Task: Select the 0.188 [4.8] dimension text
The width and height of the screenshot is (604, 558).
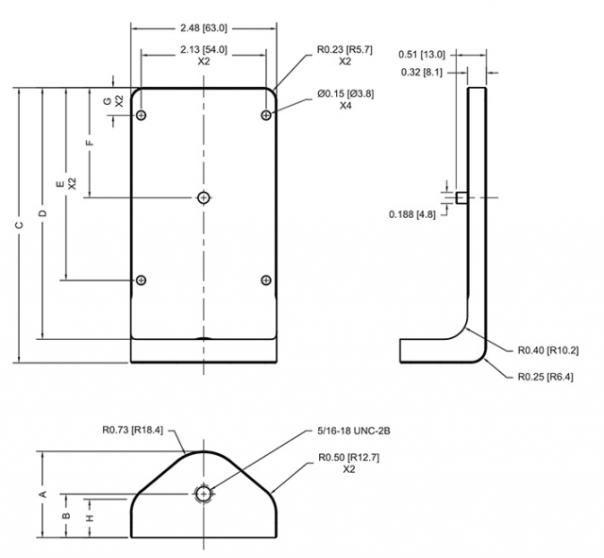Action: pos(411,214)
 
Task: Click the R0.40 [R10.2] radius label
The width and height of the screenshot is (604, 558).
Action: pos(548,350)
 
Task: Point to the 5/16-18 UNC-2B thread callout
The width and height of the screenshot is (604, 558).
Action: pos(355,431)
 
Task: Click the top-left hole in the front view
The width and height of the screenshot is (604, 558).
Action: pos(142,115)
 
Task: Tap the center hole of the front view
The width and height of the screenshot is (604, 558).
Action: pos(203,196)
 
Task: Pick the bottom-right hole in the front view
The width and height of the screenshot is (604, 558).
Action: pos(266,279)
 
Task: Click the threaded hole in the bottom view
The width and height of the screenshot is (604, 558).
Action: pos(203,493)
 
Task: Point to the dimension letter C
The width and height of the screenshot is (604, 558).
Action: pos(18,226)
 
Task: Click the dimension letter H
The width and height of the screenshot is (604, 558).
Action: pos(90,518)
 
